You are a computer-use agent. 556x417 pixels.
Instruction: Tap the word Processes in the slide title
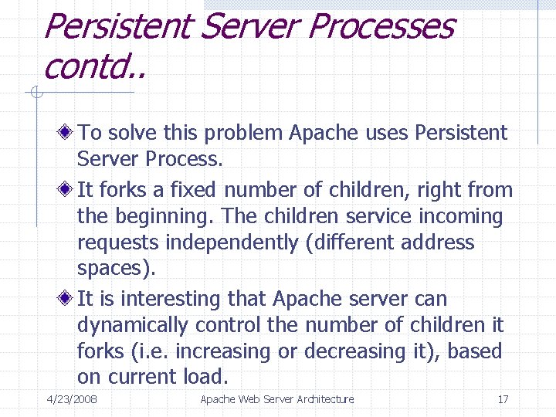(381, 26)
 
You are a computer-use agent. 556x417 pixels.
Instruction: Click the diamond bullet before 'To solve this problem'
(68, 133)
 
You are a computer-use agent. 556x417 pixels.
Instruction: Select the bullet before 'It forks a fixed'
(68, 189)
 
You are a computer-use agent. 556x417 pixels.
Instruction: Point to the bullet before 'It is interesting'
(68, 298)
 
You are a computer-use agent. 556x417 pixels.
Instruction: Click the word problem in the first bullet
(242, 134)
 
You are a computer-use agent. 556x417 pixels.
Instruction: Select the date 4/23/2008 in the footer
(72, 399)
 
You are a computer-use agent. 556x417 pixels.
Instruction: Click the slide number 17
(503, 399)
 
